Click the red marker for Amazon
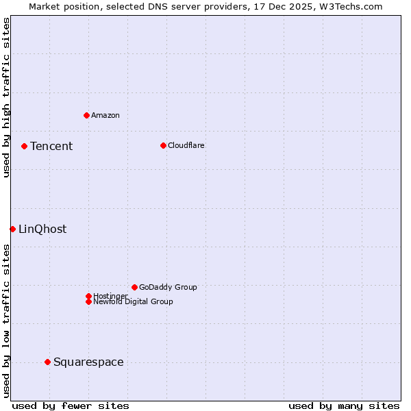[86, 115]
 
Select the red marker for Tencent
[24, 146]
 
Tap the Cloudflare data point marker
[163, 145]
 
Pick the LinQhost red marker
[12, 229]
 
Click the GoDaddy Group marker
[134, 287]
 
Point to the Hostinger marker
[88, 296]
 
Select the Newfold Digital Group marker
[88, 301]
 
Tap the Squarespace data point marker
[47, 362]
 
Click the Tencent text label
[51, 146]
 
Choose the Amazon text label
[105, 115]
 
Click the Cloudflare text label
[186, 145]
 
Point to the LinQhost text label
[42, 229]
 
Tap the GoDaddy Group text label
[168, 287]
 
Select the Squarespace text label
[88, 362]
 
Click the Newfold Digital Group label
[133, 301]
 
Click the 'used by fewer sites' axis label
[71, 406]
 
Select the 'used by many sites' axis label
[344, 406]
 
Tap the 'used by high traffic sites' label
[6, 97]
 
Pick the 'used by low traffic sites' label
[6, 321]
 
